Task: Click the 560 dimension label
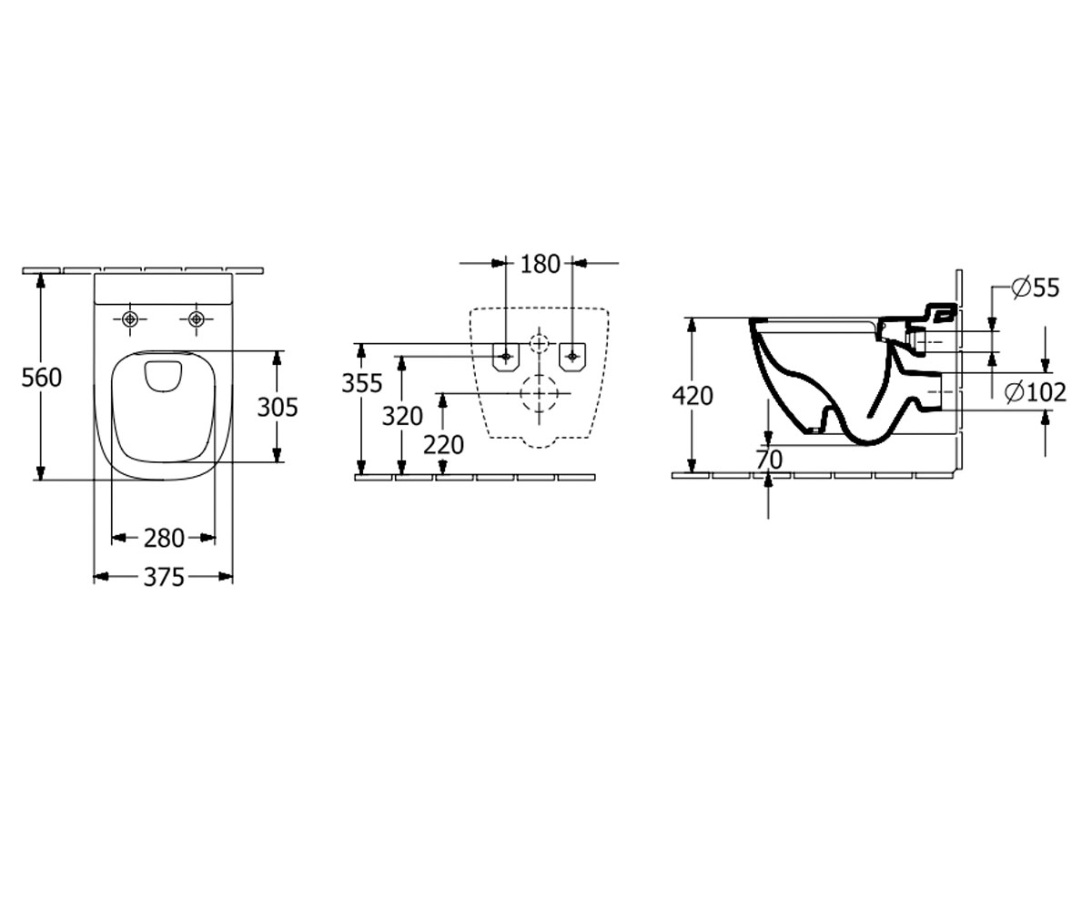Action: tap(41, 377)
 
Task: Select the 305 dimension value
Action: tap(278, 407)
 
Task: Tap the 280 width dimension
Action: tap(164, 538)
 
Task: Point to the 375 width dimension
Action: tap(164, 577)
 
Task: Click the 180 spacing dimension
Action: tap(541, 264)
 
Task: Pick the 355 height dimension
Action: tap(362, 383)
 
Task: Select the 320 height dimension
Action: tap(402, 416)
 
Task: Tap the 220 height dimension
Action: tap(443, 445)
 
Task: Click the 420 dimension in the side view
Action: tap(693, 396)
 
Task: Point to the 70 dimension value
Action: tap(769, 460)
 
